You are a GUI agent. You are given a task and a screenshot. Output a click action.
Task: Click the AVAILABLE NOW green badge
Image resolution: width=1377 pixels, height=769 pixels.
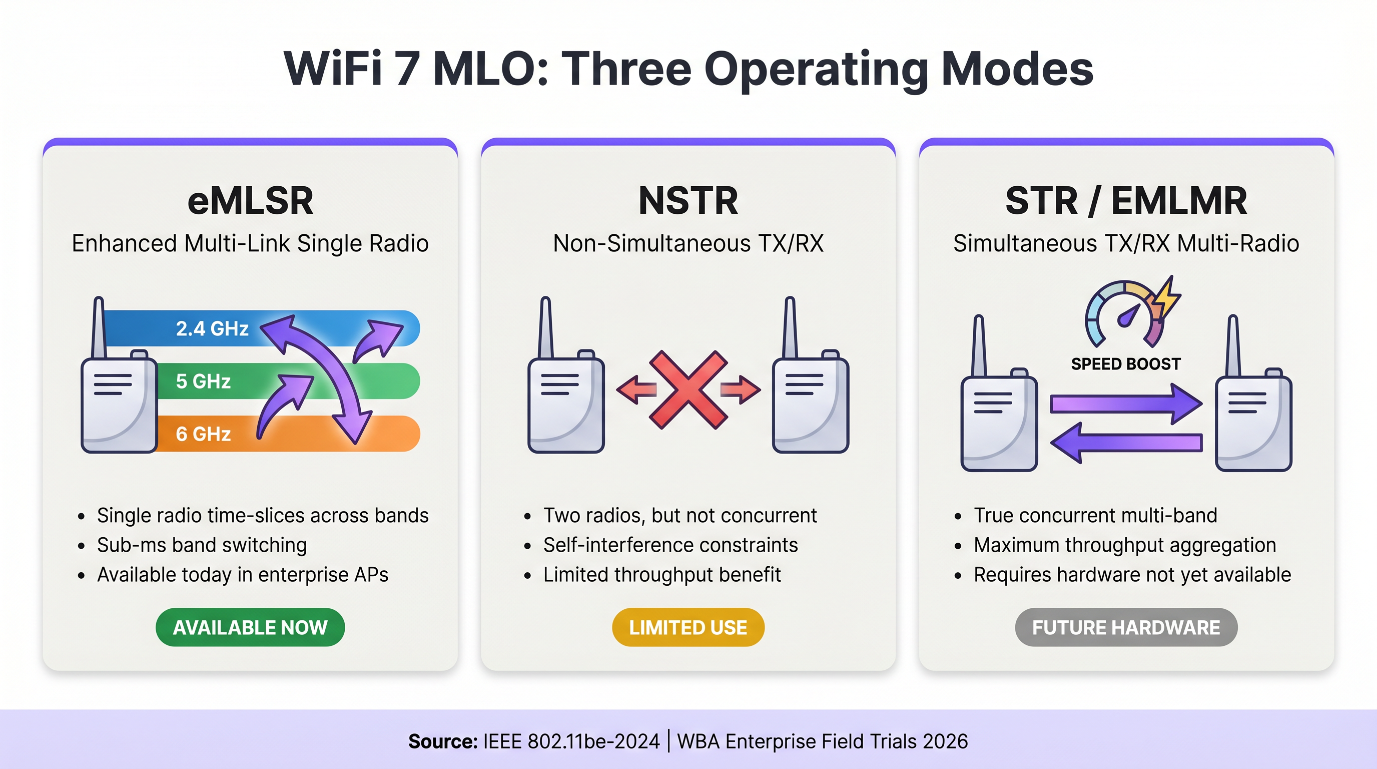250,627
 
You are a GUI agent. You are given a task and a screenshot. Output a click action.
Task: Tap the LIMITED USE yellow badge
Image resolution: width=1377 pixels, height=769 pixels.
688,627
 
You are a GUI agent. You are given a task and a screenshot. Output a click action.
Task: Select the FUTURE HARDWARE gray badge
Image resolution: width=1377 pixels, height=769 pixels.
1126,627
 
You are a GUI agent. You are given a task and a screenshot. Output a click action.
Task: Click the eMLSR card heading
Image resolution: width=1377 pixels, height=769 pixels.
250,201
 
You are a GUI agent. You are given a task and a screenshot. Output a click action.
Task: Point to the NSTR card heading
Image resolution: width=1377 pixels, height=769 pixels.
688,201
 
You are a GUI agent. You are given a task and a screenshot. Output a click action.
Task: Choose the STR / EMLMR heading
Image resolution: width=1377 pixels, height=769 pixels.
1126,201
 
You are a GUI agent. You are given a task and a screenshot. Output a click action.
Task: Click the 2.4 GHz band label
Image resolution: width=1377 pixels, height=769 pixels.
212,328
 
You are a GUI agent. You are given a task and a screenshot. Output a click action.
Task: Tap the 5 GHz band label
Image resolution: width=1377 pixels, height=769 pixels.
203,381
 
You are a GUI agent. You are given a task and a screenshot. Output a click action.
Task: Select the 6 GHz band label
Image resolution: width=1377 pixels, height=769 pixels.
203,434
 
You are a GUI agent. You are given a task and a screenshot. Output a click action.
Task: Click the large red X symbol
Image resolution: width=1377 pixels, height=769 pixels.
688,390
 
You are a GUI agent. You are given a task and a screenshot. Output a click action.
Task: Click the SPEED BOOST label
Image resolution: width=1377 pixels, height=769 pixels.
1126,364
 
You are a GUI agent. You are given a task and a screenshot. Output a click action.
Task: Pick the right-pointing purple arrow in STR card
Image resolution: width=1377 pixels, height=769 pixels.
1126,403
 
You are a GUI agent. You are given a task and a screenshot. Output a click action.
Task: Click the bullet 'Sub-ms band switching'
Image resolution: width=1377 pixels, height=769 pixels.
202,545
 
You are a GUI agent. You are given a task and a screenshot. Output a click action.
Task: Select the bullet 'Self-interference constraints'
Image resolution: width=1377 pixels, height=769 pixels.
670,545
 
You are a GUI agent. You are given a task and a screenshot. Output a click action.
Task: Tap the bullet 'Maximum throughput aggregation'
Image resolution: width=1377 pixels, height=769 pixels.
1125,545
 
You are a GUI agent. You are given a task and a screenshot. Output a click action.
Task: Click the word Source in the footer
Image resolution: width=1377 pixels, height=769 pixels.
443,742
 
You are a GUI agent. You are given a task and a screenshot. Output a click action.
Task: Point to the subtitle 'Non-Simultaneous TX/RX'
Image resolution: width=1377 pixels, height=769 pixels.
688,243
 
